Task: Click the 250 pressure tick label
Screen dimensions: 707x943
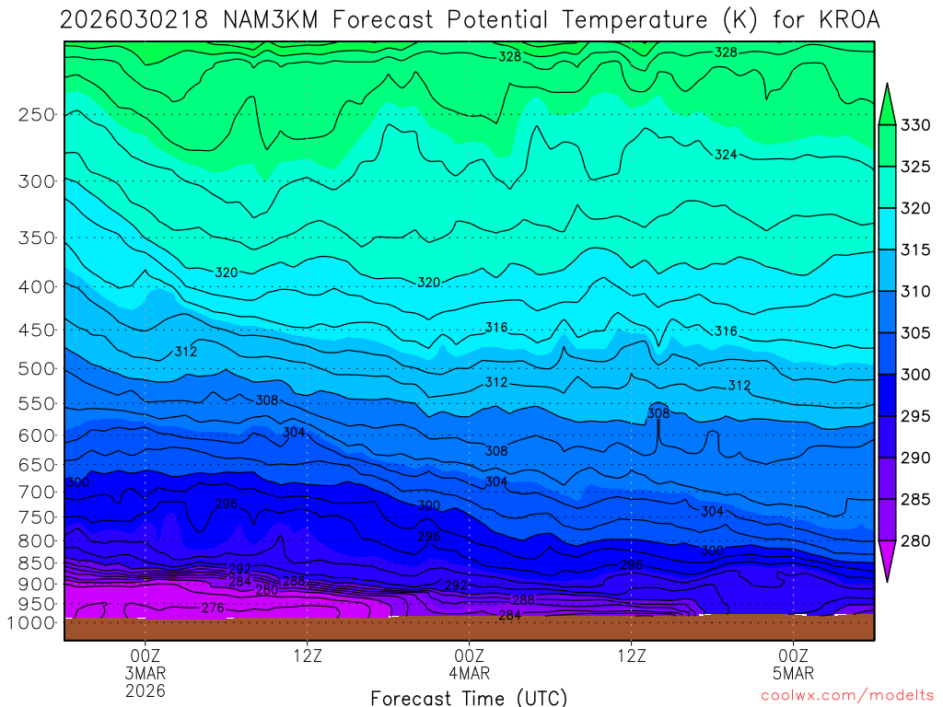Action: pos(36,115)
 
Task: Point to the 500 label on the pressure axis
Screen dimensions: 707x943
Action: pos(36,369)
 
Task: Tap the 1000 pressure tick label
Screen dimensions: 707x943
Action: pos(32,623)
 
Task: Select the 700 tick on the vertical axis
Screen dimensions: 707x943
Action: pos(36,493)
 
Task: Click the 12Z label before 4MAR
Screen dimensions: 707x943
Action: pos(308,655)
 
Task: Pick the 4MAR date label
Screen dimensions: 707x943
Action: pos(470,673)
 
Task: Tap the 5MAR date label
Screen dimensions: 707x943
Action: pos(794,673)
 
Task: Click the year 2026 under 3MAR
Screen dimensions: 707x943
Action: pos(146,690)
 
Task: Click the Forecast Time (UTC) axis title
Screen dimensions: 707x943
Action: pos(469,698)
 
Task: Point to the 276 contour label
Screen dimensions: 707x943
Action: pos(213,608)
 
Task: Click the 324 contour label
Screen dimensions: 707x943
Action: pos(726,155)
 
